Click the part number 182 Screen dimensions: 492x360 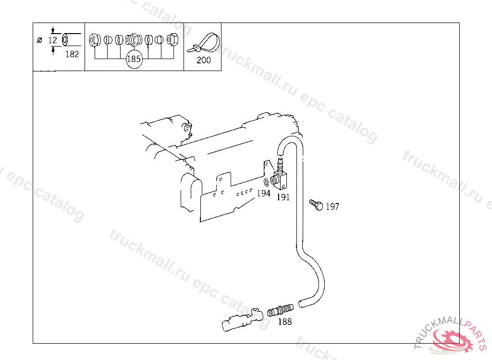coord(72,54)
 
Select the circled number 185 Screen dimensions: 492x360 coord(134,60)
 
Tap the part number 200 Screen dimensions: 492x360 coord(204,60)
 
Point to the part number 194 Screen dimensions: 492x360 coord(263,193)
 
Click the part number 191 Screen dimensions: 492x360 coord(283,197)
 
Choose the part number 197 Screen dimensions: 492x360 coord(332,207)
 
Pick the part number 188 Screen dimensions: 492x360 coord(285,322)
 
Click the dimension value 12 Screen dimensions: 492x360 coord(52,40)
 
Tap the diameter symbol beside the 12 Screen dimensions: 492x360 coord(39,40)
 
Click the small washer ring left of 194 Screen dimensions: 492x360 coord(266,182)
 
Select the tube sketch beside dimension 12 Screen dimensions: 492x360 coord(71,39)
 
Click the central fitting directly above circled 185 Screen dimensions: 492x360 coord(133,39)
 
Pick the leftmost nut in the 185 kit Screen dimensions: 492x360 coord(95,39)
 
